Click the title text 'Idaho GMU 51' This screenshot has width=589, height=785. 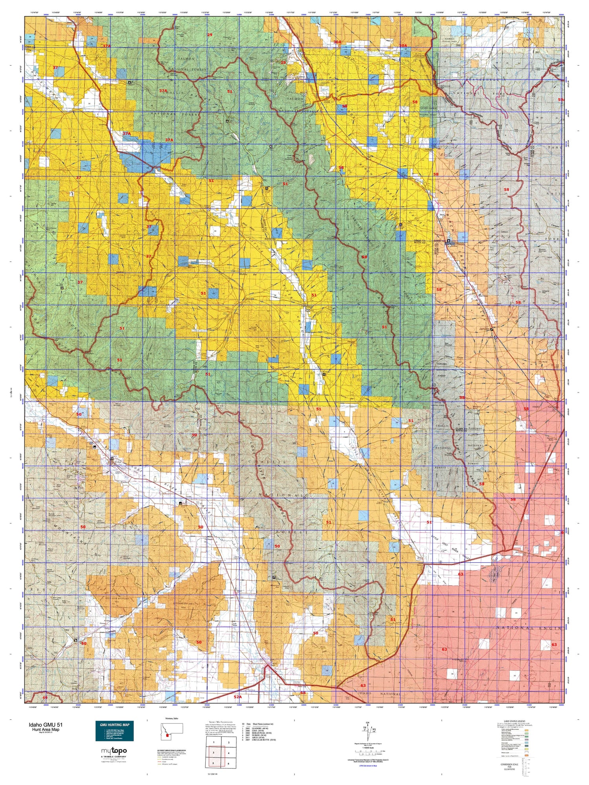(44, 725)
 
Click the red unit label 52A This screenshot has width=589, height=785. (238, 697)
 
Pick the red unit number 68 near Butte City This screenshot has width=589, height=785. (303, 693)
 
